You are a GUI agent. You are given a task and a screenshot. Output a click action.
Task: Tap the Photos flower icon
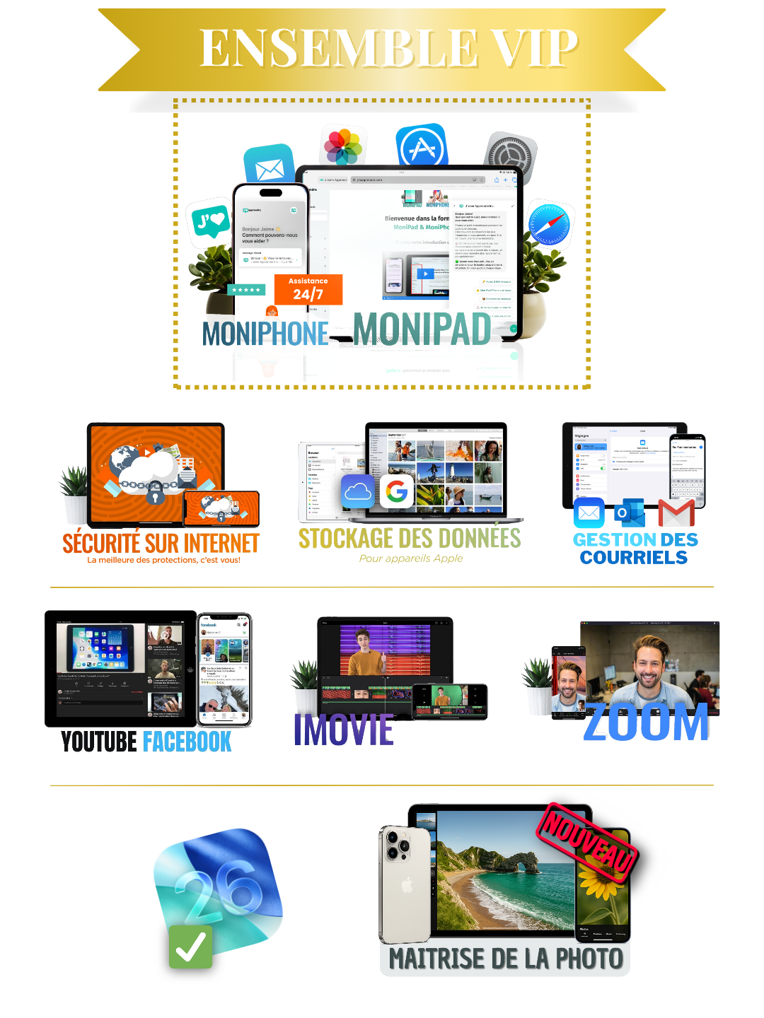[343, 146]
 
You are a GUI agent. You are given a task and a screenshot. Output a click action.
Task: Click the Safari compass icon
[549, 225]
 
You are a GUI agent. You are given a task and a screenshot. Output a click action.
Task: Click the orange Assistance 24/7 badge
[308, 289]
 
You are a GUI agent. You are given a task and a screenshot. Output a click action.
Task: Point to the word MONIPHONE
[265, 334]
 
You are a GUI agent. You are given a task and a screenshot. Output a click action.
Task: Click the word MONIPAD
[422, 329]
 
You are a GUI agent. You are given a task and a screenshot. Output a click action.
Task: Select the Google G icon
[397, 491]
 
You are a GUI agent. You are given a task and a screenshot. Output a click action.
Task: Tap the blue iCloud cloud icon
[358, 491]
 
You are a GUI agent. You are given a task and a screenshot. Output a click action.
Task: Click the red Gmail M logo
[676, 513]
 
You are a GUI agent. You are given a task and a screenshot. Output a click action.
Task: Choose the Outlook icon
[629, 513]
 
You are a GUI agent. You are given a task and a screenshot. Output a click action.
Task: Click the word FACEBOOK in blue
[187, 742]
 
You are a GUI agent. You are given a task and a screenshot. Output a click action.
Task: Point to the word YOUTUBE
[99, 742]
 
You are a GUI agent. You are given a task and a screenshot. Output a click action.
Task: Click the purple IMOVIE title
[344, 730]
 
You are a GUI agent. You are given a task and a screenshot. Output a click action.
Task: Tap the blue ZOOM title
[646, 722]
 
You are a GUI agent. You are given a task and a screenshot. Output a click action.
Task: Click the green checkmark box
[191, 947]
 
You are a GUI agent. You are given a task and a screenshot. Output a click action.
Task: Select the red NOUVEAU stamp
[587, 839]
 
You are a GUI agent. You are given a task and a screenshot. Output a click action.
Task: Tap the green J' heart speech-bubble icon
[210, 222]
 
